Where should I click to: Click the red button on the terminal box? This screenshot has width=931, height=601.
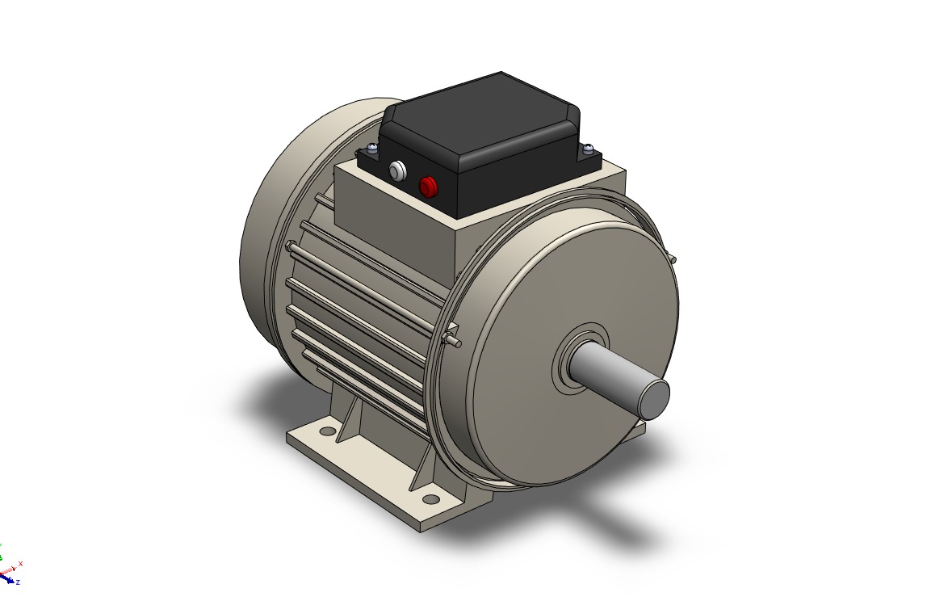click(x=427, y=187)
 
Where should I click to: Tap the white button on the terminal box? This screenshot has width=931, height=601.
click(x=397, y=171)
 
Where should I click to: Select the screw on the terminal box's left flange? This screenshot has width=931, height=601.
click(x=371, y=148)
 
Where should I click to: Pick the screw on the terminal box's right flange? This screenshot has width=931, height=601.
click(x=589, y=149)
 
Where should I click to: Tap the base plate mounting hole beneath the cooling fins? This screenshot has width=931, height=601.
click(x=328, y=431)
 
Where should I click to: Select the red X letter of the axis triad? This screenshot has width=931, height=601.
click(x=20, y=564)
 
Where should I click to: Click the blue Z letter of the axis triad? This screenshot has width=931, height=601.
click(x=18, y=582)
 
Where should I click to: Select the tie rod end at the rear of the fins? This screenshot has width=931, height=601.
click(x=288, y=246)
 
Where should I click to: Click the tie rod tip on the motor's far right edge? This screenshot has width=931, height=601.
click(x=673, y=259)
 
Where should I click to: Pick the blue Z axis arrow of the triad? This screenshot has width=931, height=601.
click(x=7, y=577)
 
